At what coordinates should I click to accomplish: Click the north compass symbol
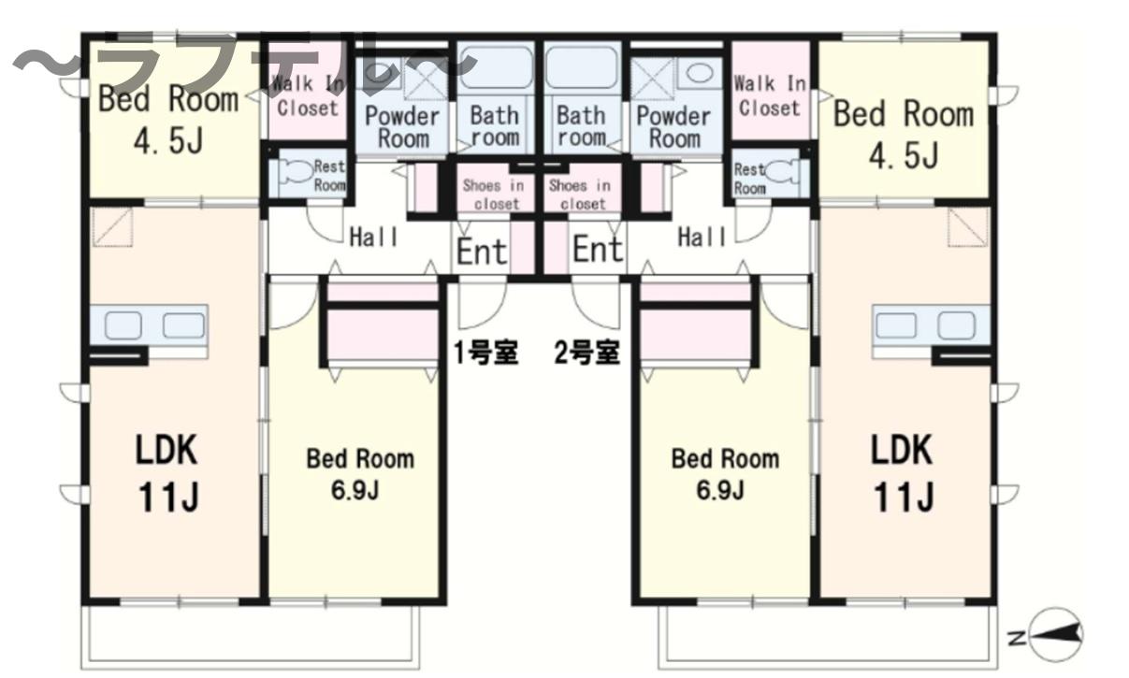coord(1055,634)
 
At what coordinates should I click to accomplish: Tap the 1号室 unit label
coord(485,353)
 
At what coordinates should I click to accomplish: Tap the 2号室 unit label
coord(587,353)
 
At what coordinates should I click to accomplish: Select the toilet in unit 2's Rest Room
coord(781,172)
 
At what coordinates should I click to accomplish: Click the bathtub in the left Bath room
coord(496,67)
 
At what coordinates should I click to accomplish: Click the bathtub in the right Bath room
coord(582,67)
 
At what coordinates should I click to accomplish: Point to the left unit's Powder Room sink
coord(378,73)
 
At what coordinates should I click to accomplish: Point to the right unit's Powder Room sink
coord(700,73)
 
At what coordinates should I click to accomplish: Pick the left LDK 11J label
coord(167,472)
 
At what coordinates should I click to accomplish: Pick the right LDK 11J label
coord(903,472)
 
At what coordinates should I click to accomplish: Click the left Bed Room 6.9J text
coord(360,473)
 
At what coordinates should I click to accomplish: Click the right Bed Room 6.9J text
coord(725,473)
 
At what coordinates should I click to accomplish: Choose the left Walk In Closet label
coord(308,95)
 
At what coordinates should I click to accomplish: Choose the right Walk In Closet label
coord(770,95)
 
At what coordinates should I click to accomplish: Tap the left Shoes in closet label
coord(494,195)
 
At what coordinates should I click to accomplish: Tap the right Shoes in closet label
coord(580,195)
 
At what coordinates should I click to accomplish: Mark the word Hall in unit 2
coord(702,237)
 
